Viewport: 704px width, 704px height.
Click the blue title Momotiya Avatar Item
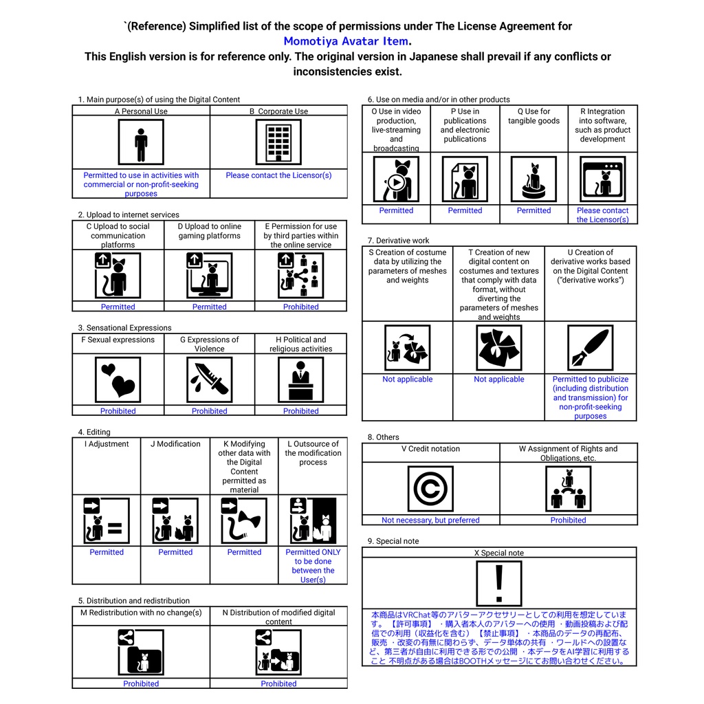pos(346,41)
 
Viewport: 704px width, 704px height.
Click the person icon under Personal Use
pos(141,142)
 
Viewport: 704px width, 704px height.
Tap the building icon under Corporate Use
pos(278,142)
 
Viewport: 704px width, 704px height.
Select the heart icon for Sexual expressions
pos(118,379)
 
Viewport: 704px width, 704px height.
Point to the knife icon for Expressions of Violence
pos(209,379)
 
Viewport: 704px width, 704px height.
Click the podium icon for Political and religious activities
pos(300,379)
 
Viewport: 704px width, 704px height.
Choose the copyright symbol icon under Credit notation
pos(430,489)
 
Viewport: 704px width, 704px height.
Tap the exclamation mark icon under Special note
pos(499,584)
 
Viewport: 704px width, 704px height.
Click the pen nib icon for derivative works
pos(590,348)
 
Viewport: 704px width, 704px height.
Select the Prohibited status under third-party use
pos(300,307)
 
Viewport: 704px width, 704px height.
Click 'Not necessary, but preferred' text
pos(430,520)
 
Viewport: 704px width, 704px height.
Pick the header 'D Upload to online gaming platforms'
pos(209,231)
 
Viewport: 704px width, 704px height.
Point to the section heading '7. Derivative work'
pos(398,241)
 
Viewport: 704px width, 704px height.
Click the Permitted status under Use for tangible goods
pos(533,210)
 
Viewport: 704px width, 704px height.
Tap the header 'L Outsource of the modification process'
pos(313,453)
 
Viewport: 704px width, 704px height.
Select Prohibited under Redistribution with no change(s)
pos(141,684)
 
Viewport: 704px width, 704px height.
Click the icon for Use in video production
pos(396,179)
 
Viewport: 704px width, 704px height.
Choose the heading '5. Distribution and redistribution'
pos(133,601)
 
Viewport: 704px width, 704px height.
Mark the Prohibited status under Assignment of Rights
pos(568,520)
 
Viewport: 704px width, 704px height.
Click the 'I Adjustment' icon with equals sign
pos(107,520)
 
